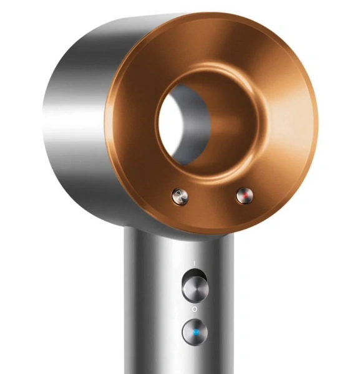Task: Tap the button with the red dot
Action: [x=245, y=198]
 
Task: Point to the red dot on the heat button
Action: [x=245, y=198]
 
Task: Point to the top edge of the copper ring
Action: [x=212, y=16]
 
